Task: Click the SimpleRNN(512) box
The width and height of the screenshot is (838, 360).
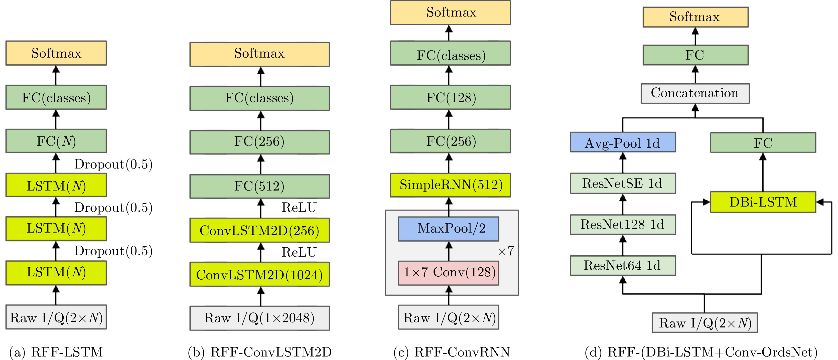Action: point(450,185)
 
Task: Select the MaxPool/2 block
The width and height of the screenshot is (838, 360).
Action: point(448,229)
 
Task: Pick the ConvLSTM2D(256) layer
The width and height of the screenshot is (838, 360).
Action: point(260,230)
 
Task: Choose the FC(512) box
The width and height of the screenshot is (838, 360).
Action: point(260,186)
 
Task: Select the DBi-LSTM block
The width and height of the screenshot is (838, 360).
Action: point(763,202)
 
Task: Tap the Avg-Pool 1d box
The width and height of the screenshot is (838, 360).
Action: point(623,142)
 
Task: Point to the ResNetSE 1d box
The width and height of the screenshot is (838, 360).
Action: point(623,184)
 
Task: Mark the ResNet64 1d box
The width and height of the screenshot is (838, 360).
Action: point(623,266)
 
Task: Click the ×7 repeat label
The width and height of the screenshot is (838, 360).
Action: point(506,251)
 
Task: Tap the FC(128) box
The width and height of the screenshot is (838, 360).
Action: point(450,97)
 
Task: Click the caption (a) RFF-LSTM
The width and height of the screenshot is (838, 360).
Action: point(56,352)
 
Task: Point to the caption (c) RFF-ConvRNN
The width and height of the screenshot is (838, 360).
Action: point(452,352)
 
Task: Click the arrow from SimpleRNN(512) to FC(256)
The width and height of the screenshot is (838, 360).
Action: point(449,163)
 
